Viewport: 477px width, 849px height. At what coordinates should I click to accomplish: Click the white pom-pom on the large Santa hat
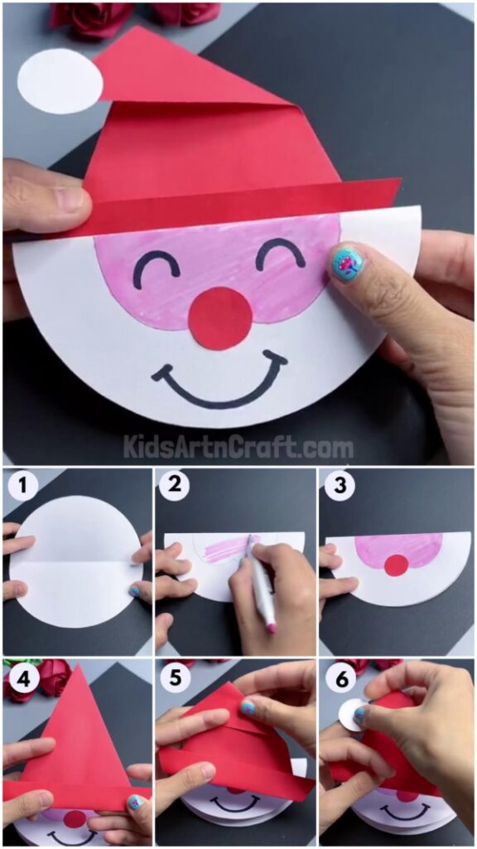coord(60,81)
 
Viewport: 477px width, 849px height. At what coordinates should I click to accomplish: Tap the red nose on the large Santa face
coord(220,318)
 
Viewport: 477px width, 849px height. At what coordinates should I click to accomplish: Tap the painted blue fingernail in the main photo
coord(347,264)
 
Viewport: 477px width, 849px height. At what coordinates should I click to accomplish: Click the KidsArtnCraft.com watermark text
coord(238,448)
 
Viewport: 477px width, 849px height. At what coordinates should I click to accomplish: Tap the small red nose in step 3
coord(397,565)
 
